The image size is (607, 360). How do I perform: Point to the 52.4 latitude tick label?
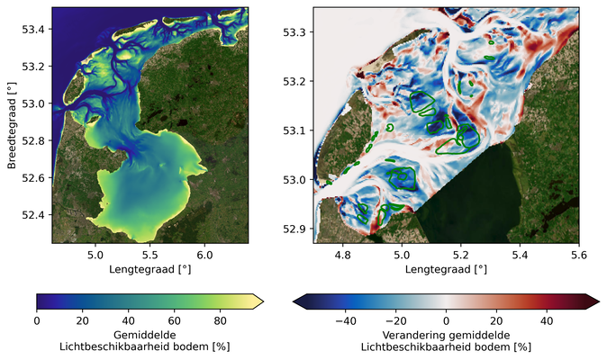[x=34, y=214]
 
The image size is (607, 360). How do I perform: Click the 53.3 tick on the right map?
[x=296, y=32]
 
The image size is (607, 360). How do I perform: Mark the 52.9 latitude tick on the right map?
[x=296, y=229]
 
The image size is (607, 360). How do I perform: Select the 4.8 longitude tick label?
[x=342, y=255]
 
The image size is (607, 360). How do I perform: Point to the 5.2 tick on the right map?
[x=460, y=255]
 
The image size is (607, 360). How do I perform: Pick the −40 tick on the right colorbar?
[x=345, y=319]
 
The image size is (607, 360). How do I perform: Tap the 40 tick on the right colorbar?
[x=546, y=319]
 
